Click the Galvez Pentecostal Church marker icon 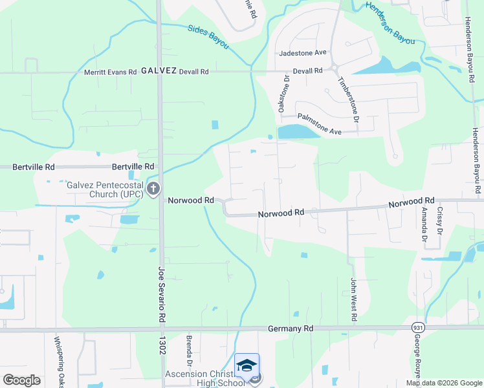(x=153, y=189)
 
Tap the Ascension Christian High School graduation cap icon (x=246, y=365)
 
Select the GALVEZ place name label (x=159, y=71)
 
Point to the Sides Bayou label (x=208, y=37)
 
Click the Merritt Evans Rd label (x=111, y=72)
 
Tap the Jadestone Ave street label (x=303, y=53)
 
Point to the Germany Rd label (x=290, y=329)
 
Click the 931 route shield (x=419, y=327)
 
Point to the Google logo (x=21, y=380)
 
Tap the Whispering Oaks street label (x=58, y=362)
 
